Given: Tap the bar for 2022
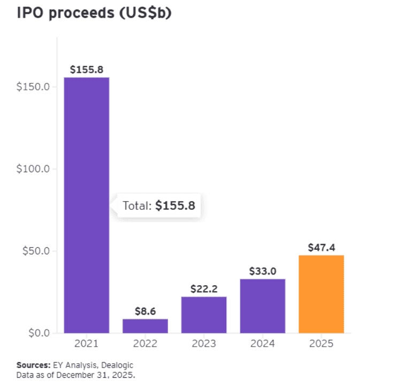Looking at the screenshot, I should (x=145, y=326).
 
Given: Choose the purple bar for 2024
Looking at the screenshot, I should (x=262, y=306).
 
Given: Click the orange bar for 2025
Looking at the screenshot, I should (x=321, y=294).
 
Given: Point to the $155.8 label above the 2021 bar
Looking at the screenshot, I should (x=87, y=70).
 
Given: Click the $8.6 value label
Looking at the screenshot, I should (x=145, y=311).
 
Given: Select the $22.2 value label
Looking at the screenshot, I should (x=204, y=289).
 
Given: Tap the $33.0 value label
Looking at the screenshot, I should (x=262, y=271).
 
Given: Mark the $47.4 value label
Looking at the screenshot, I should (x=321, y=248).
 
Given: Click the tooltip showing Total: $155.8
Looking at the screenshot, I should (x=158, y=206).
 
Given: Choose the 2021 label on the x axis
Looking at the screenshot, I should (x=87, y=343).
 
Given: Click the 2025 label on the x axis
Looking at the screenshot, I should (x=321, y=343).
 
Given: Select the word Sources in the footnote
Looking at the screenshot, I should (x=32, y=365).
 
